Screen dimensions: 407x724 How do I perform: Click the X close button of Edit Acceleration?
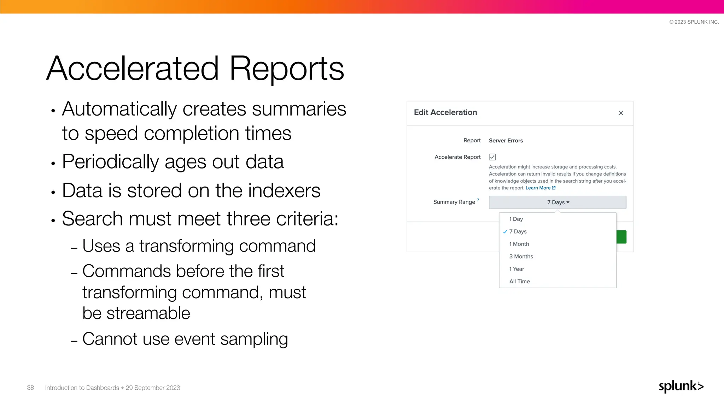pos(621,113)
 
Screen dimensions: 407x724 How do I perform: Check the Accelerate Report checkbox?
pos(492,157)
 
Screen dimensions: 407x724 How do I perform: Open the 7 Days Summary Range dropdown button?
pos(557,202)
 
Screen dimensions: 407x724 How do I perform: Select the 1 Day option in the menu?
pos(516,219)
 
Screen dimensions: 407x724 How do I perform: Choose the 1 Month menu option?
pos(519,244)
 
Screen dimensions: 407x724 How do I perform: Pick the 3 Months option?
pos(521,256)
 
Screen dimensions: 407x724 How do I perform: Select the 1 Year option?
pos(516,269)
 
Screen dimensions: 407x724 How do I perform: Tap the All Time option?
pos(519,282)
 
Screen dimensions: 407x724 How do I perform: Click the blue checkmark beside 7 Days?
pos(505,232)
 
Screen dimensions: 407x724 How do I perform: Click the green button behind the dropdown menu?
pos(621,237)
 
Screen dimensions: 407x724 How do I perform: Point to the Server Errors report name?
pos(506,141)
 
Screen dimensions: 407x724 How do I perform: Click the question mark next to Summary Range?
pos(478,200)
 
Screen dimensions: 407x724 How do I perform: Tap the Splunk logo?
pos(681,386)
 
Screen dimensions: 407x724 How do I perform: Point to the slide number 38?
pos(30,388)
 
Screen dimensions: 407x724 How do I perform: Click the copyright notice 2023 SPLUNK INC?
pos(694,22)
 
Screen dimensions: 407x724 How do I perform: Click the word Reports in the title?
pos(287,69)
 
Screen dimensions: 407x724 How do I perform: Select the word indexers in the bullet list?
pos(284,190)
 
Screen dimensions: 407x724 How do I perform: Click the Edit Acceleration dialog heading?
pos(445,112)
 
